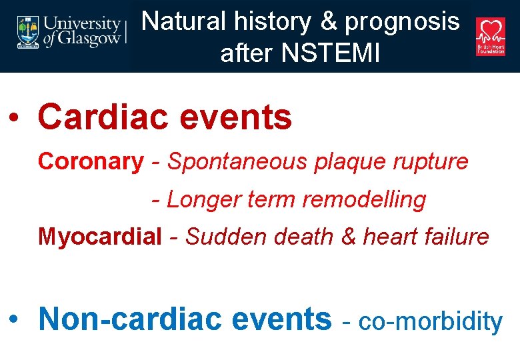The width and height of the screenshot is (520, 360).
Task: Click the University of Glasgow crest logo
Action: (28, 32)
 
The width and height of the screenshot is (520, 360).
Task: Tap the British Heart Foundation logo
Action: (490, 36)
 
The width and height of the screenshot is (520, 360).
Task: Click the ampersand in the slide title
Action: (330, 22)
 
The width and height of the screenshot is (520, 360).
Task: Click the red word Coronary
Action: (90, 161)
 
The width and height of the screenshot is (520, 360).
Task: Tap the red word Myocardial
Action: (100, 237)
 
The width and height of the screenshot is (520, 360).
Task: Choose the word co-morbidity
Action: (431, 321)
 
